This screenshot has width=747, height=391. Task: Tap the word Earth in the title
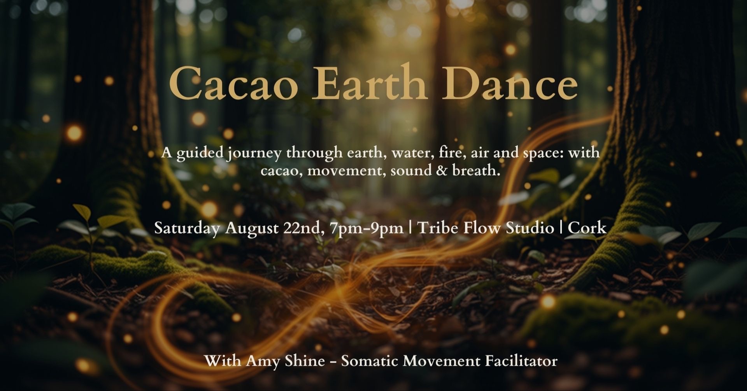[x=370, y=82]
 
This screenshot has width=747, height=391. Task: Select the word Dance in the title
[x=510, y=83]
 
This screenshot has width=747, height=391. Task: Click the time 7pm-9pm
[x=366, y=229]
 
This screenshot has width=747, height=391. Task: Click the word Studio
[x=530, y=227]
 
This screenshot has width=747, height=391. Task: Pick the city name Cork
[x=587, y=228]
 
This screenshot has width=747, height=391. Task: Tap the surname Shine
[x=305, y=361]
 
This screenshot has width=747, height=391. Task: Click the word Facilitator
[x=521, y=361]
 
